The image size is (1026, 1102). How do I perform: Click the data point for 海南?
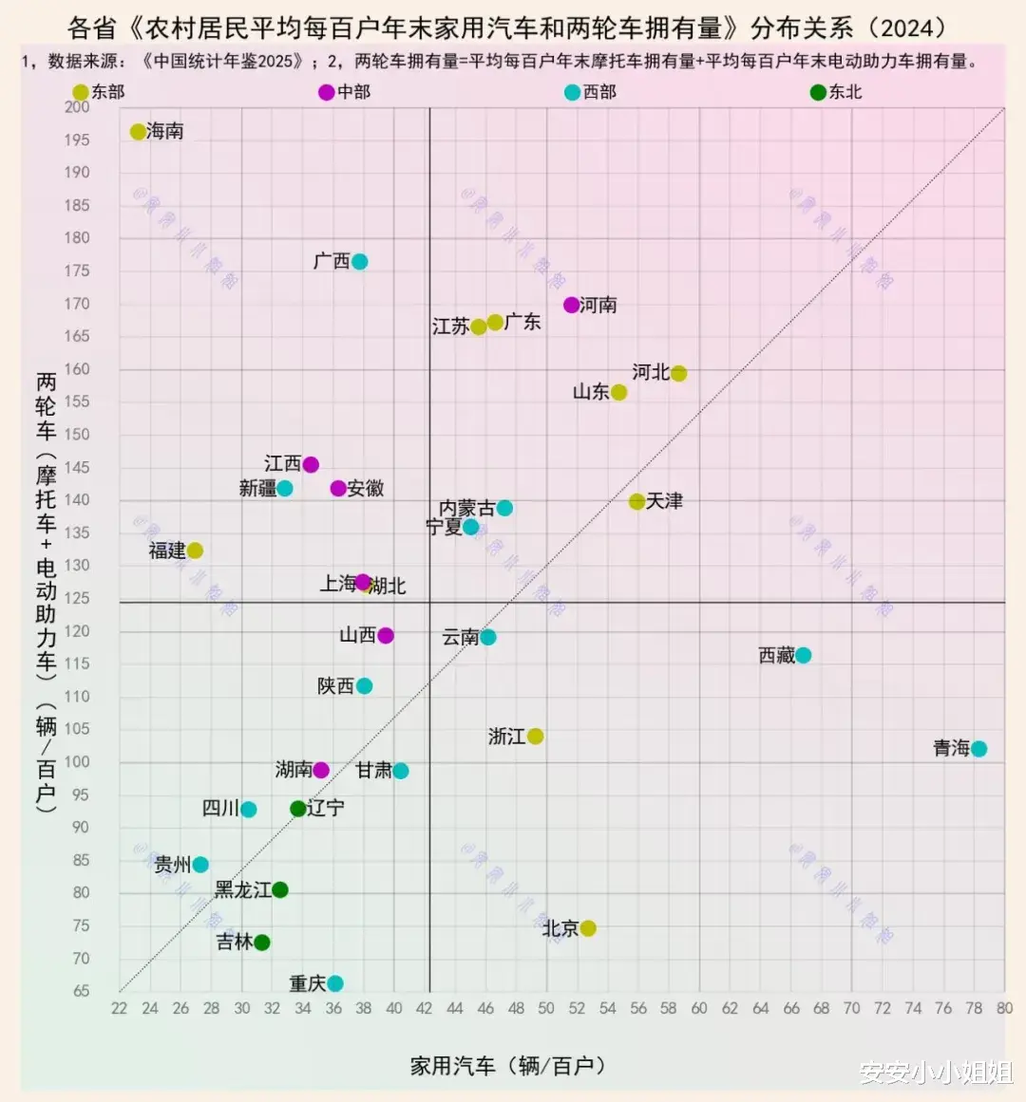[x=138, y=132]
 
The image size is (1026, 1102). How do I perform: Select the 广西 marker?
[x=359, y=262]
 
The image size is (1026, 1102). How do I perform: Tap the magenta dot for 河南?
[x=571, y=305]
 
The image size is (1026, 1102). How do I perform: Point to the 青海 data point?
[x=978, y=749]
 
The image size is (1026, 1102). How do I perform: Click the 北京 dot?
[x=588, y=928]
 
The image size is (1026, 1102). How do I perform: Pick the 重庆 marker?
[x=334, y=983]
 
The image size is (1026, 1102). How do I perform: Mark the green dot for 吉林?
[x=262, y=943]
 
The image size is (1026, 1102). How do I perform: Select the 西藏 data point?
[x=803, y=655]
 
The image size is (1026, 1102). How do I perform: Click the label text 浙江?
[x=506, y=737]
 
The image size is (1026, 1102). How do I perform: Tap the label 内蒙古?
[x=466, y=509]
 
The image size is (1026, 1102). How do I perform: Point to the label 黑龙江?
[x=242, y=890]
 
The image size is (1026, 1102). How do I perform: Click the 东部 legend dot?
[x=81, y=92]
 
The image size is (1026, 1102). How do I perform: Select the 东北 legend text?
[x=845, y=92]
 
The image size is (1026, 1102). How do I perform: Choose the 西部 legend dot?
[x=572, y=92]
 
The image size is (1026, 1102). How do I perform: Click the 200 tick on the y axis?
[x=77, y=106]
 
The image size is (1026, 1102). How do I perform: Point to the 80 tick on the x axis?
[x=1004, y=1008]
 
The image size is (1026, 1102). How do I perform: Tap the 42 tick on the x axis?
[x=425, y=1008]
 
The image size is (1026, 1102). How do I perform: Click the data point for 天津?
[x=636, y=501]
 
